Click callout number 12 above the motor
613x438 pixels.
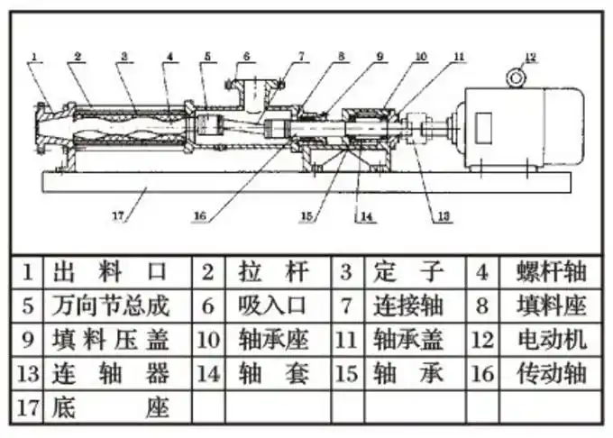(530, 57)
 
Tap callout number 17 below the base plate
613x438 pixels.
(118, 215)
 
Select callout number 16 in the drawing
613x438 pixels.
(201, 214)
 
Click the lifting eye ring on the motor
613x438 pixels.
(516, 78)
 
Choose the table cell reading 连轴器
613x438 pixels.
(112, 373)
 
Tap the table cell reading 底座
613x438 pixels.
(112, 406)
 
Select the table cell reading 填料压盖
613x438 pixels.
(112, 339)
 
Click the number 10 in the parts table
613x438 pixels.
(208, 340)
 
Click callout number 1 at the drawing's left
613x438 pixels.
(33, 58)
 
